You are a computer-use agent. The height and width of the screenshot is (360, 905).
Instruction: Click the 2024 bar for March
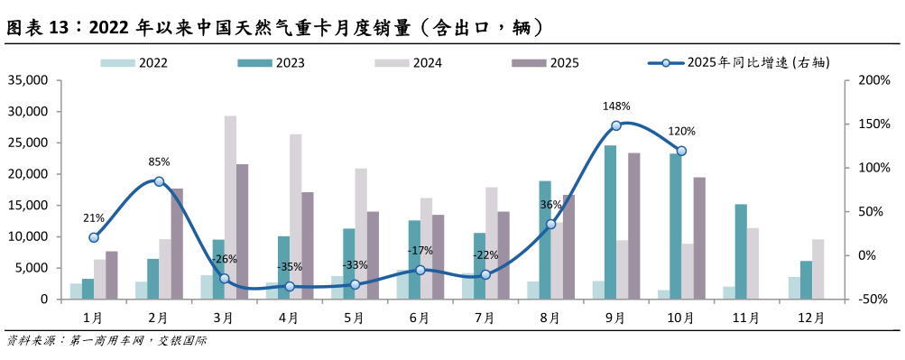[x=230, y=208]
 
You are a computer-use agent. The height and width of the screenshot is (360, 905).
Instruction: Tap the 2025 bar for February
[x=177, y=244]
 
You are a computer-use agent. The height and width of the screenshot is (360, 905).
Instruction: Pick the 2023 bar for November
[x=740, y=252]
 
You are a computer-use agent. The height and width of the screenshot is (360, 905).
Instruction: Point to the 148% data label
[x=616, y=106]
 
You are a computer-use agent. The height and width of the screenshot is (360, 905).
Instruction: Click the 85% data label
[x=159, y=162]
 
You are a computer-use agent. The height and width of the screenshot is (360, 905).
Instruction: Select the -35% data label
[x=290, y=267]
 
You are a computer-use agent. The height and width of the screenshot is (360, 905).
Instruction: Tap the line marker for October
[x=681, y=151]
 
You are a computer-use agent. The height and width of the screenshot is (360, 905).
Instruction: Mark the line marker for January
[x=94, y=237]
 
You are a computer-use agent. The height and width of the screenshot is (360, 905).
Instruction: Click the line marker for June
[x=420, y=270]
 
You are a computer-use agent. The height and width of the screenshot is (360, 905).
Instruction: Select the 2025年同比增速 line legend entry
[x=740, y=63]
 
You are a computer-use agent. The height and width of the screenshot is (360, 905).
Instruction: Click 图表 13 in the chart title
[x=38, y=27]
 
